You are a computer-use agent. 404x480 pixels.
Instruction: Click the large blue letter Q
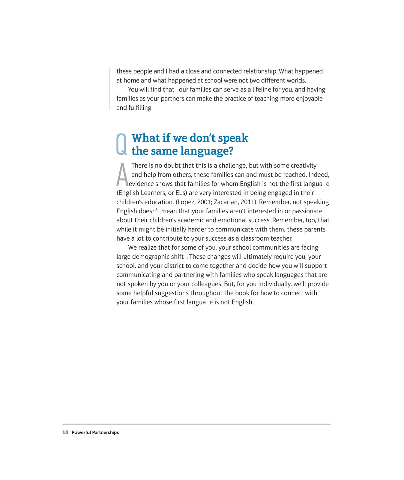(121, 144)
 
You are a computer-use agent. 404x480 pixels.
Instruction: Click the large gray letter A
(122, 175)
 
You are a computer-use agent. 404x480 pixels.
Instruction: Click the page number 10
(65, 432)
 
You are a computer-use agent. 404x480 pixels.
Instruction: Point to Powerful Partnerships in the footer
(95, 432)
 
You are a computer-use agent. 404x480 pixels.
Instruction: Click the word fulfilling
(140, 108)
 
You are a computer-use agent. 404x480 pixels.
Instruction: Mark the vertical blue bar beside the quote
(110, 89)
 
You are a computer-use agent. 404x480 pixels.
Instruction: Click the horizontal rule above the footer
(196, 424)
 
